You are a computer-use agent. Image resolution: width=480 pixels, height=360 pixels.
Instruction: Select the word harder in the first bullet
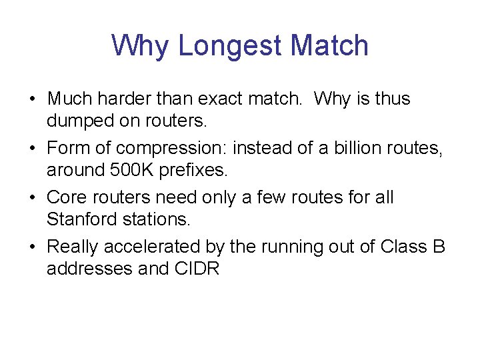122,99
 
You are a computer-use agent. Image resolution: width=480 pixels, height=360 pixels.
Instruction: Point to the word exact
213,99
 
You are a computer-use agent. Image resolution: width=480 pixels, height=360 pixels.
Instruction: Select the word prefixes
195,170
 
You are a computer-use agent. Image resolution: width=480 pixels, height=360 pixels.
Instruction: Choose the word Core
63,197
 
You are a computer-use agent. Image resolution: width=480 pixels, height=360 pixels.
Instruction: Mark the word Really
70,247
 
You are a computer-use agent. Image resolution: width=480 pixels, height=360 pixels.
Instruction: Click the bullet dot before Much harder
32,99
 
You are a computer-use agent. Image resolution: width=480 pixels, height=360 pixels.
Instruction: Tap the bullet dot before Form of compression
32,149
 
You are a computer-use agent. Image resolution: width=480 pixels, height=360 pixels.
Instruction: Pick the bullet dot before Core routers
32,198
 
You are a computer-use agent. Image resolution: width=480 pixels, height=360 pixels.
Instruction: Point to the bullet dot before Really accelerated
32,247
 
